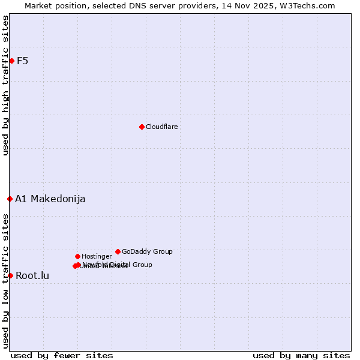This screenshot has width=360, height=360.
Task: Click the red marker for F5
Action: [11, 61]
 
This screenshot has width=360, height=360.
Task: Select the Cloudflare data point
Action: [142, 127]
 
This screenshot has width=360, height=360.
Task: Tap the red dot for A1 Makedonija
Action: [10, 199]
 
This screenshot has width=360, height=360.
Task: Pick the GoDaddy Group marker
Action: [118, 251]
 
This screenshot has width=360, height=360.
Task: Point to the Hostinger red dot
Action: [77, 256]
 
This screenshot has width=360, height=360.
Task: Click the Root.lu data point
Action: [10, 275]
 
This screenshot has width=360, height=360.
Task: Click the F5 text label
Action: [22, 61]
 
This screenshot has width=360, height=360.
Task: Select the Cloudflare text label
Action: [161, 127]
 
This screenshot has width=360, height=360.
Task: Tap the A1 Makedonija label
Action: [50, 199]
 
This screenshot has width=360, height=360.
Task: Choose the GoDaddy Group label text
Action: [147, 251]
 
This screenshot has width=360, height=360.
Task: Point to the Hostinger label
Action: [97, 256]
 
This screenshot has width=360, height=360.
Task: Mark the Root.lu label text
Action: [32, 276]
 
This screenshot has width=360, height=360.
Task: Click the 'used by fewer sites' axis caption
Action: [62, 355]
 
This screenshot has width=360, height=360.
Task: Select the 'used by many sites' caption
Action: [301, 355]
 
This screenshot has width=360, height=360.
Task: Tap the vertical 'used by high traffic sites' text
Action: [5, 85]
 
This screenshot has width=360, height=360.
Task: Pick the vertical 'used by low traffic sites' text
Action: [5, 280]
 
